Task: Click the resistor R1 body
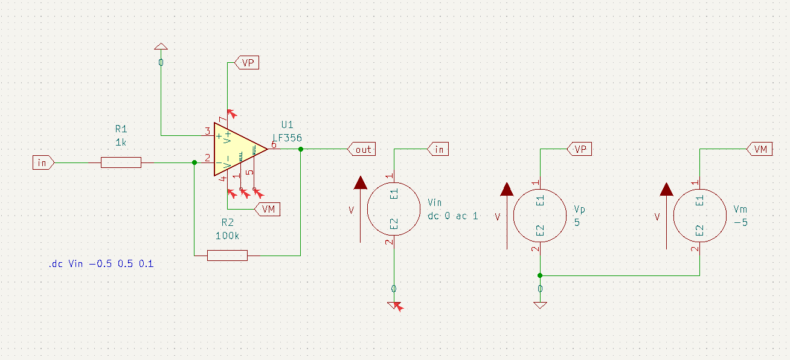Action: tap(121, 162)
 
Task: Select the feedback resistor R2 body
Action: tap(227, 256)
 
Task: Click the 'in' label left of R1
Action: tap(43, 162)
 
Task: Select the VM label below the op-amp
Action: tap(268, 209)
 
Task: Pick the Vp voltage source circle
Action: tap(539, 214)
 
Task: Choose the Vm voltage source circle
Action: tap(699, 214)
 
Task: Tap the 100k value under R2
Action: tap(227, 236)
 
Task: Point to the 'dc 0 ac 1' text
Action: tap(452, 216)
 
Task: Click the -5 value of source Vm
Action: tap(740, 222)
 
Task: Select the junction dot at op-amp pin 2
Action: tap(194, 162)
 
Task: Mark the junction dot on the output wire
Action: tap(300, 149)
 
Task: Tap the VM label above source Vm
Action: tap(760, 149)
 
